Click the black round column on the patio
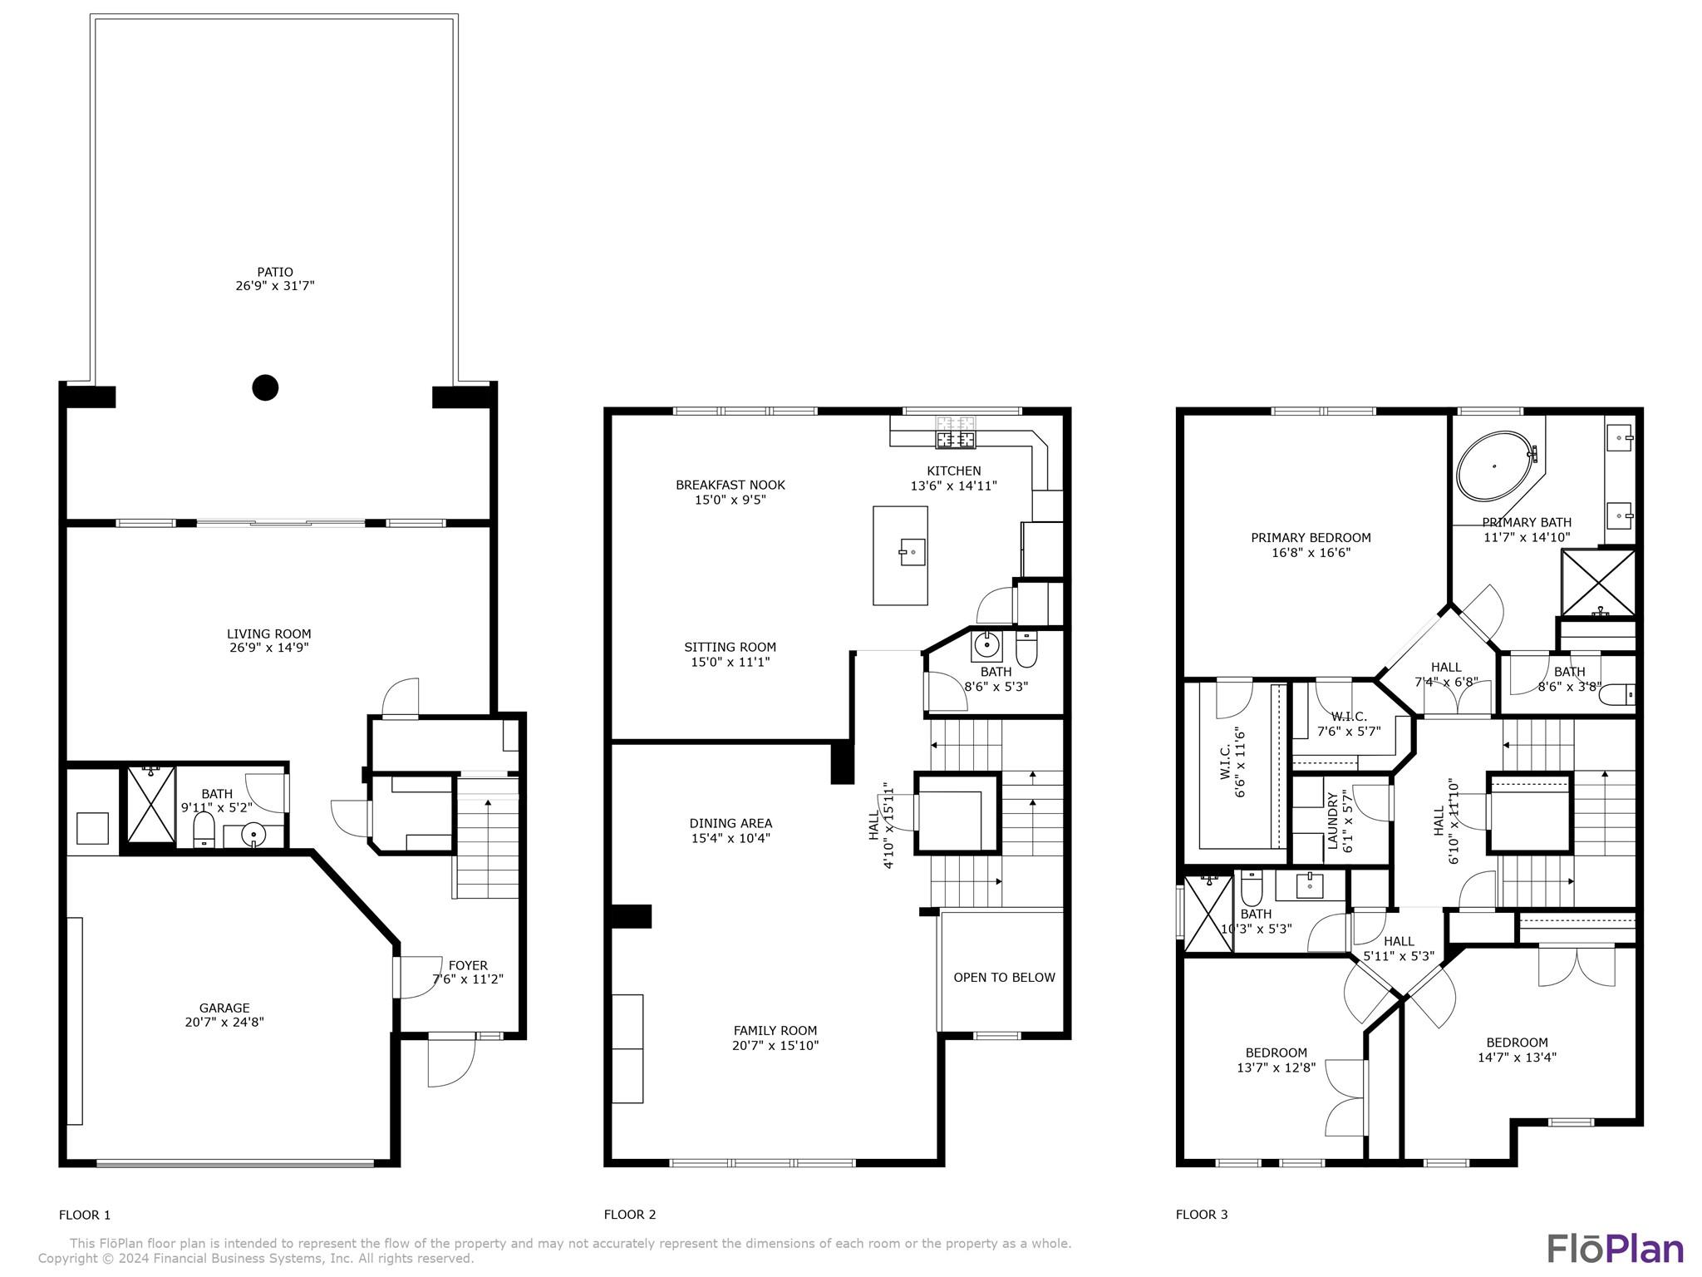point(265,387)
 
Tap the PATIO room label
point(275,272)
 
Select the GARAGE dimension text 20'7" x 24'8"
point(224,1023)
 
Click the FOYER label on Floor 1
point(468,965)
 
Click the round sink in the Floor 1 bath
point(253,834)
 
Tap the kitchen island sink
point(912,552)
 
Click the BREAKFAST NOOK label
point(730,485)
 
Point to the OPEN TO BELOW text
point(1004,978)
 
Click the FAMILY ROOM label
point(775,1031)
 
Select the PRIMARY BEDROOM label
point(1311,538)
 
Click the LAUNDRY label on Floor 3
point(1333,821)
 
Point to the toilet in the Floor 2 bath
point(1026,649)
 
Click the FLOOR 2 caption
point(630,1215)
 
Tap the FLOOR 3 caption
point(1202,1215)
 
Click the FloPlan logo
point(1616,1249)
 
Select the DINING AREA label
point(730,824)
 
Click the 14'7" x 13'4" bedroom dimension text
point(1517,1058)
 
